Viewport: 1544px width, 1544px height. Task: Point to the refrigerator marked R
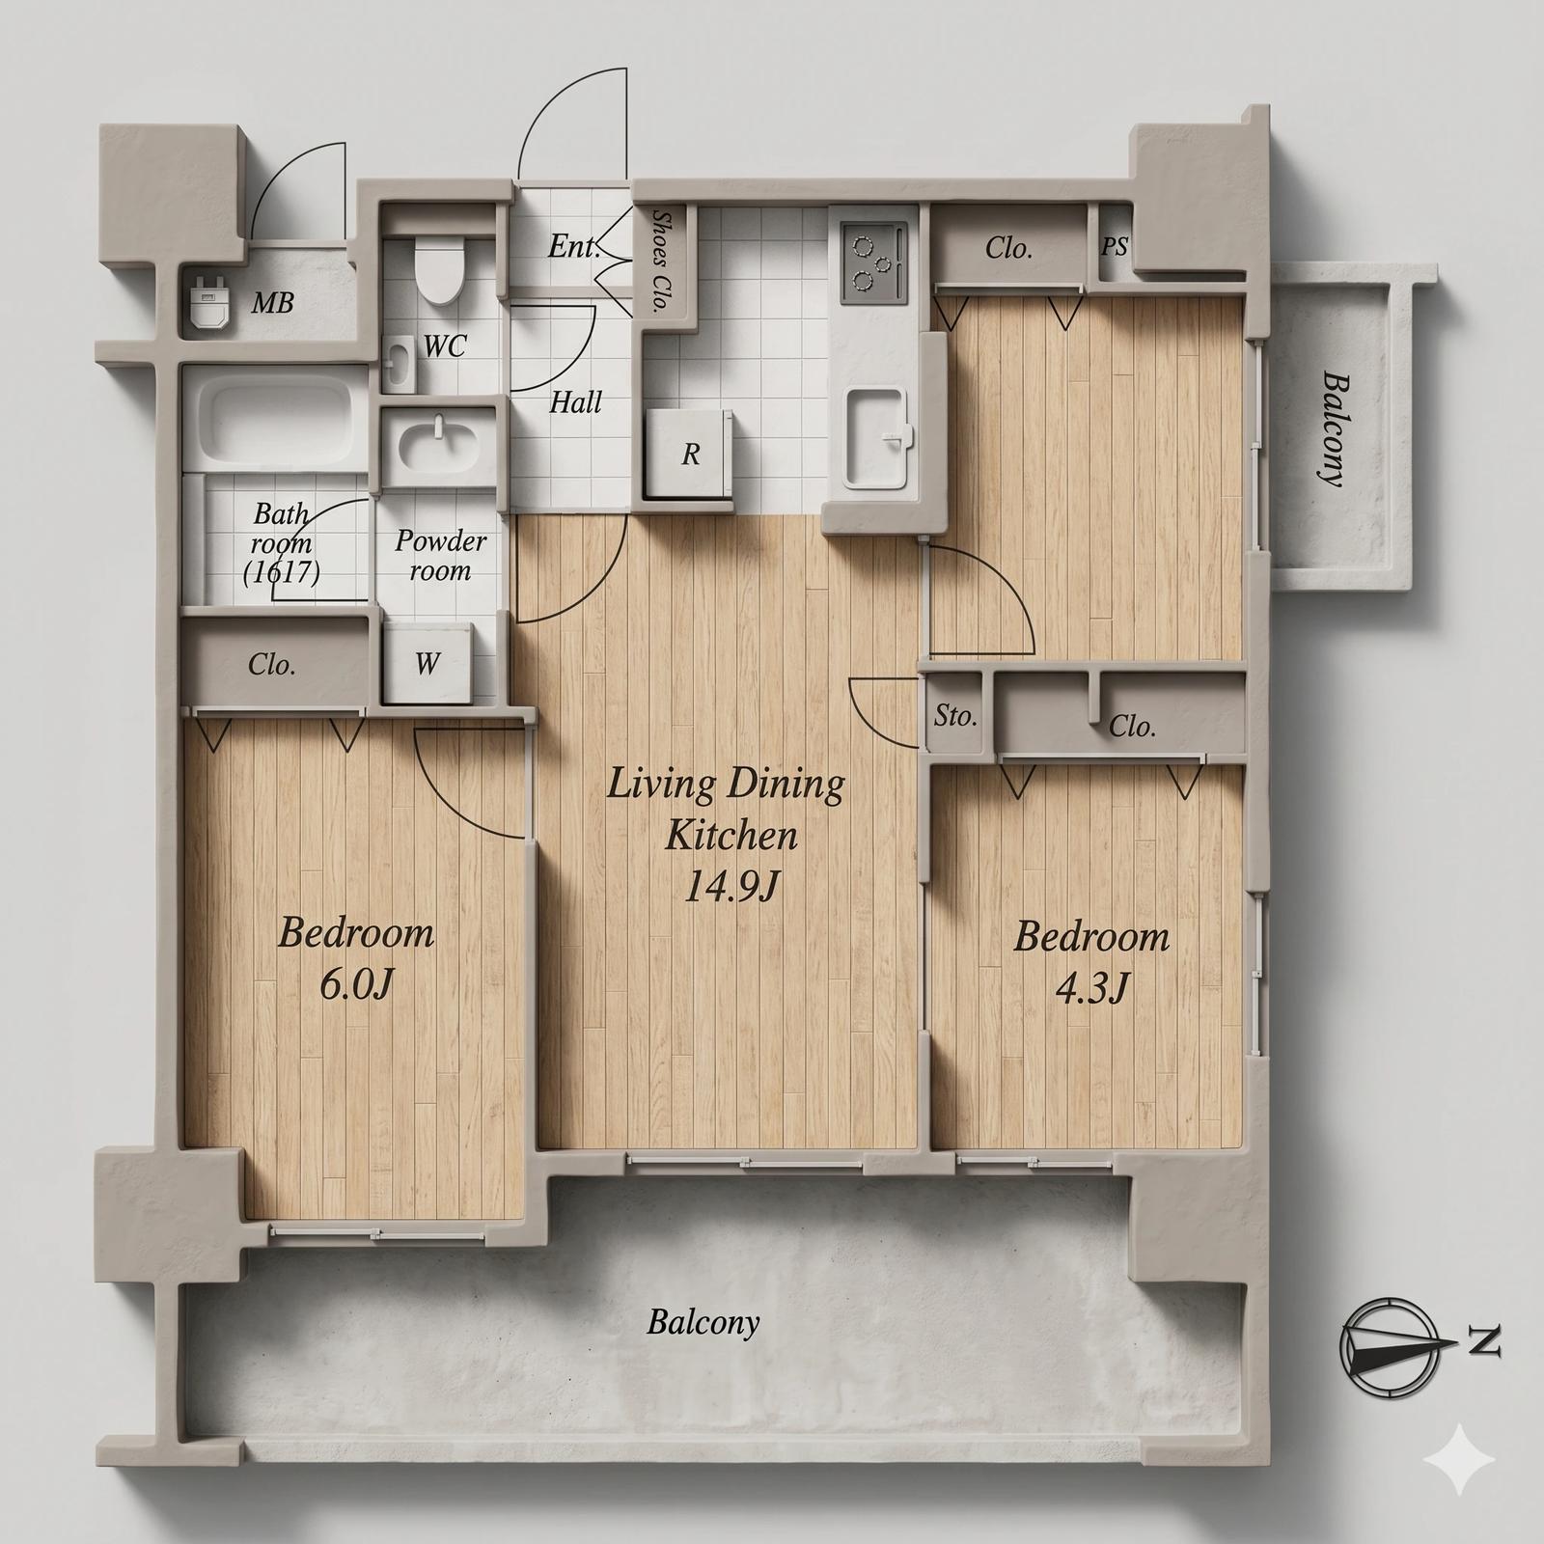point(688,454)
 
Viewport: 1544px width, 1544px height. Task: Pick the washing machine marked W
point(427,663)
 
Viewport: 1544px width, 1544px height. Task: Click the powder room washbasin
point(439,446)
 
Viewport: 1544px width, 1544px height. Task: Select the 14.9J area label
point(731,887)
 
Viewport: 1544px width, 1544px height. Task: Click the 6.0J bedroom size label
point(356,985)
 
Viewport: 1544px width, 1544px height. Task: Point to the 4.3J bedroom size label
point(1091,989)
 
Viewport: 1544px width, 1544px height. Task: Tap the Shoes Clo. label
point(662,263)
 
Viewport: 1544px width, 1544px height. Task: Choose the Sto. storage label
point(955,716)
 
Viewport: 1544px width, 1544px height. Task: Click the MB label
point(272,304)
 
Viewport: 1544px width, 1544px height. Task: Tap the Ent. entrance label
point(574,247)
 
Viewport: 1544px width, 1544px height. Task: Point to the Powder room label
point(440,555)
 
